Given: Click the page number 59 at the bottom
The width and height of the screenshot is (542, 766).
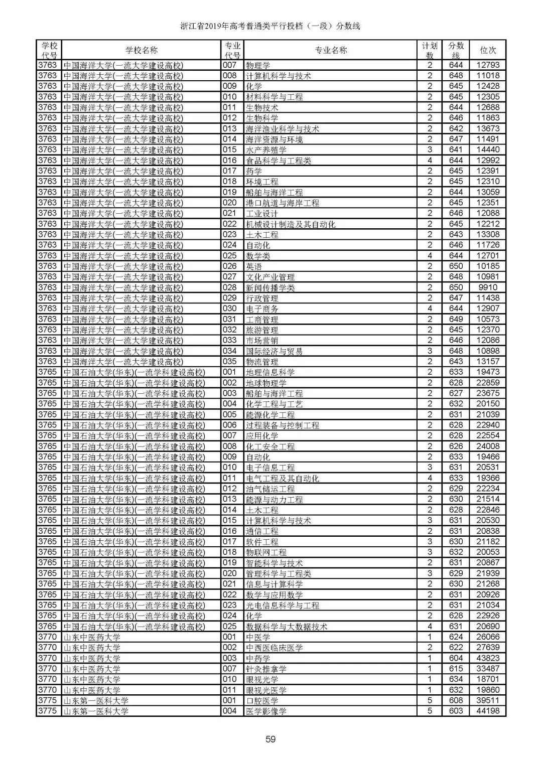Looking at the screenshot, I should (x=270, y=738).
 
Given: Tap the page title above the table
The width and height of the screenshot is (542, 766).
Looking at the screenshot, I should (x=270, y=26).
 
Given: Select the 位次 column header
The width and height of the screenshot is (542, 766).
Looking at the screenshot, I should (x=488, y=50).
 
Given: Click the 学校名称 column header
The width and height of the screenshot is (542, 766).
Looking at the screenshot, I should (x=141, y=50).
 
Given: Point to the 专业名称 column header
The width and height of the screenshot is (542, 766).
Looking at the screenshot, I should (x=331, y=50).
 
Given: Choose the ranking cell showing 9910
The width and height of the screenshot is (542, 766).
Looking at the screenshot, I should (x=488, y=287).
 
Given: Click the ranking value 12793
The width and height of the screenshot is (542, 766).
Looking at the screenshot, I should (x=488, y=65).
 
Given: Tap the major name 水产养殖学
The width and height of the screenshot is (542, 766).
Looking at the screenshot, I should (x=266, y=149).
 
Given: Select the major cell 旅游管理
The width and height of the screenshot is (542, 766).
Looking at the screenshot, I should (x=262, y=330).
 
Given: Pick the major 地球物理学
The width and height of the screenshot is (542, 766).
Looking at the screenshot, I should (x=266, y=383).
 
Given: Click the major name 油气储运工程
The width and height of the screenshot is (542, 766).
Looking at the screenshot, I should (x=270, y=489).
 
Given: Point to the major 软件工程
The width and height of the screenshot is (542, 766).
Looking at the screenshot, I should (x=262, y=542).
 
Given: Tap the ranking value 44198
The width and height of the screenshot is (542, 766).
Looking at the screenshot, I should (x=488, y=711).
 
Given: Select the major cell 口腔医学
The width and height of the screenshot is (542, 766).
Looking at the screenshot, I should (x=262, y=700).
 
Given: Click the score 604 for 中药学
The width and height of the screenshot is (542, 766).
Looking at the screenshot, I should (x=456, y=658).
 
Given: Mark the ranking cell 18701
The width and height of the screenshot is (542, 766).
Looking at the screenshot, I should (x=488, y=679).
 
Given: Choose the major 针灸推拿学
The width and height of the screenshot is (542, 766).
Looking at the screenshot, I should (x=266, y=669).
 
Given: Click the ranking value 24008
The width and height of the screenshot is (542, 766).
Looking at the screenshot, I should (x=488, y=446).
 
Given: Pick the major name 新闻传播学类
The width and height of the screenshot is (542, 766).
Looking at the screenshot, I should (x=270, y=287).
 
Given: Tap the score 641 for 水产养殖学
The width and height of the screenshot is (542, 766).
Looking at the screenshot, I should (x=456, y=149).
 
